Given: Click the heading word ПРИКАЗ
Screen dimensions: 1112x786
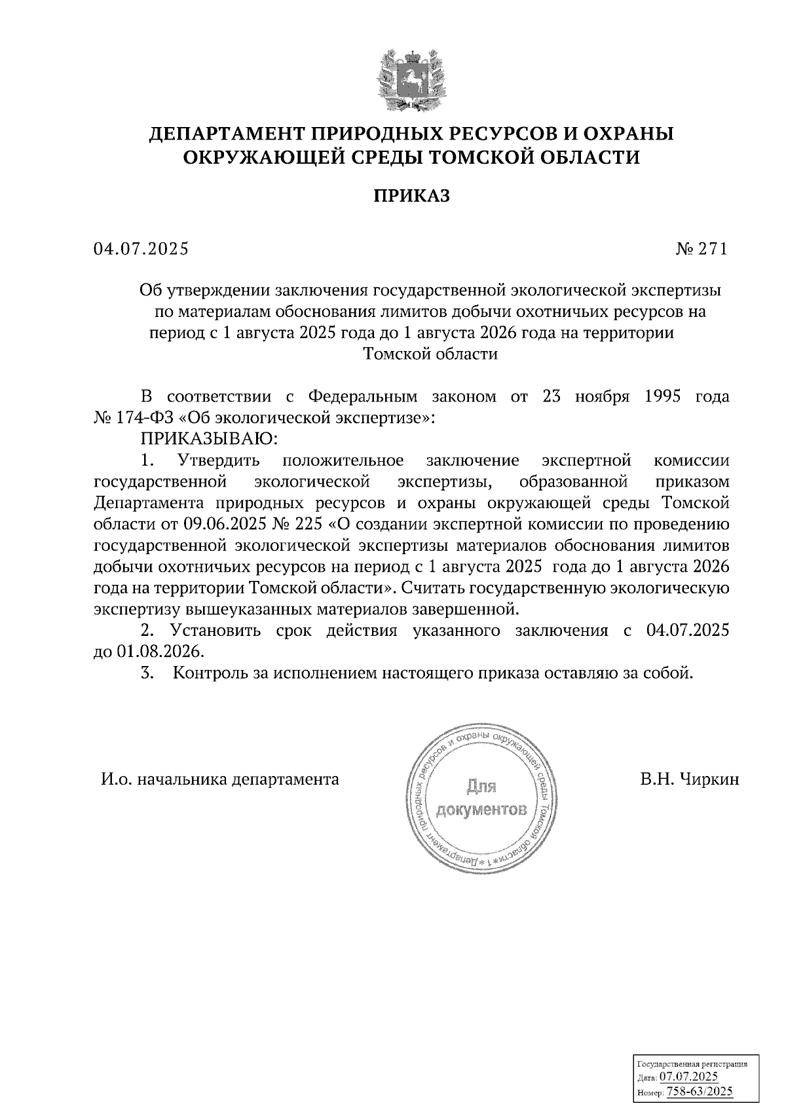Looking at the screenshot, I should [412, 196].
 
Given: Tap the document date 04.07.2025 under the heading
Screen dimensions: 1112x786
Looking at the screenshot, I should [140, 249].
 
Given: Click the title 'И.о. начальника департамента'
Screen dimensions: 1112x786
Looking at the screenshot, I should [220, 779].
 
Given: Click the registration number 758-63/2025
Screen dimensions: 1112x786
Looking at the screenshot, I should [699, 1091].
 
